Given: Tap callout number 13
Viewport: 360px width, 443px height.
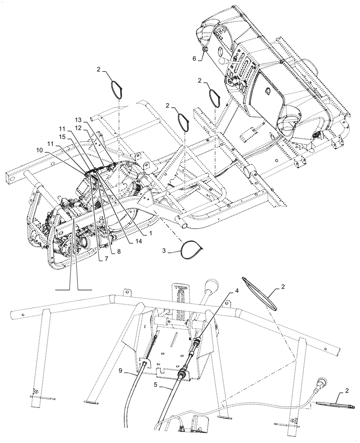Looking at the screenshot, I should tap(78, 120).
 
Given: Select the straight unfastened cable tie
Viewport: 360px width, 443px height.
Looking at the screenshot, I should tap(336, 404).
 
